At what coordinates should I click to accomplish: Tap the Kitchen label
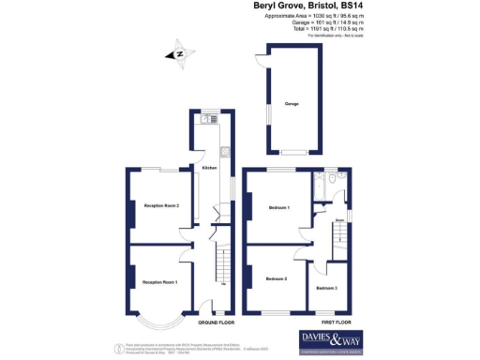tap(210, 168)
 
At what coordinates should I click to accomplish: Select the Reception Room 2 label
tap(160, 205)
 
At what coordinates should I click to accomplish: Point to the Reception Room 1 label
tap(160, 281)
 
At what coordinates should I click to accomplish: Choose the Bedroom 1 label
tap(277, 206)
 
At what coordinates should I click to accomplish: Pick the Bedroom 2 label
tap(276, 278)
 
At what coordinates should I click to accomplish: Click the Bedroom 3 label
tap(325, 287)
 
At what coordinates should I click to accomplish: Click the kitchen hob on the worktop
tap(224, 152)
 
